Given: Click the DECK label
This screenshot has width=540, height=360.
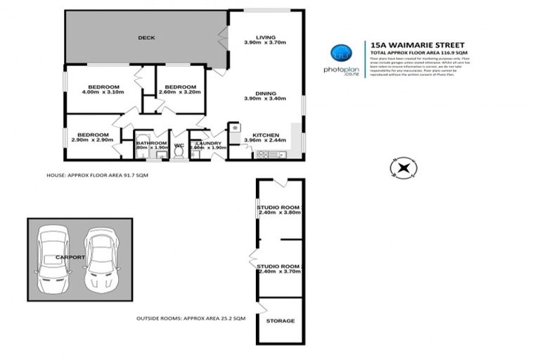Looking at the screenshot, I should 146,38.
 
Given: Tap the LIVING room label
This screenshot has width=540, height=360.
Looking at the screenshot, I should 266,37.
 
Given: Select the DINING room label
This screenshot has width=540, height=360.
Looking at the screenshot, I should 266,93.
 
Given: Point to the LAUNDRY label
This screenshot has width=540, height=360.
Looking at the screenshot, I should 209,143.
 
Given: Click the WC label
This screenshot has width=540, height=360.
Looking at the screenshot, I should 179,146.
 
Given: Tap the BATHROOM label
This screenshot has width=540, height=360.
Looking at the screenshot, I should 151,143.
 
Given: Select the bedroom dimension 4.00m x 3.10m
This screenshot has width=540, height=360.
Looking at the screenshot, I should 103,92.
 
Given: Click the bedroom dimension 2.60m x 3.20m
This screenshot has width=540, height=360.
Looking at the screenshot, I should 181,92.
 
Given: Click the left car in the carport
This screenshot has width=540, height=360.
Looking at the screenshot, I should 52,259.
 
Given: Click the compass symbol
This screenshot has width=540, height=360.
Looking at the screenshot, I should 403,167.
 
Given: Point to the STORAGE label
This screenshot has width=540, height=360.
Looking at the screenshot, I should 280,321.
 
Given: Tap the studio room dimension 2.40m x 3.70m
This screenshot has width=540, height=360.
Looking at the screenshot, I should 279,271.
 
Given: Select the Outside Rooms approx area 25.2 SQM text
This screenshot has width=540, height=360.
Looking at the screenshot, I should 191,319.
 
